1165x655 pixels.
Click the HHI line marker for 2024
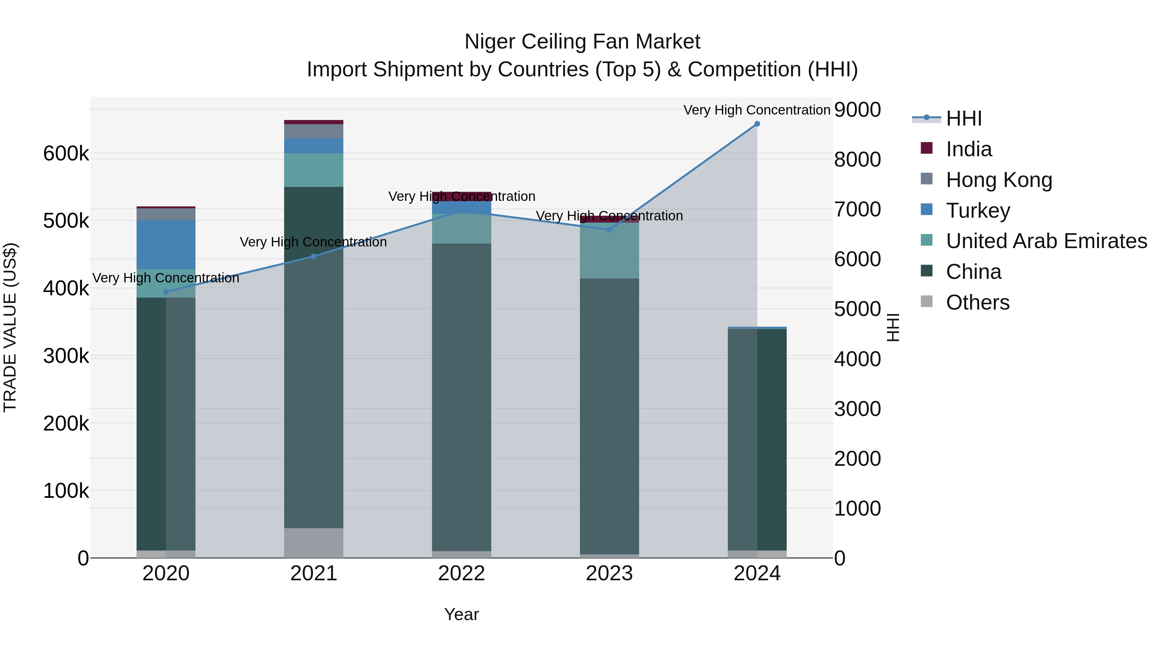coord(757,124)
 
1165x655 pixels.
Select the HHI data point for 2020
coord(166,292)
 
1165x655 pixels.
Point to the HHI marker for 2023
coord(609,230)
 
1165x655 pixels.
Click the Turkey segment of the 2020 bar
coord(166,245)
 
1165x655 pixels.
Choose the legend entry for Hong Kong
coord(999,180)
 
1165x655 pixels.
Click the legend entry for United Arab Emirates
coord(1046,241)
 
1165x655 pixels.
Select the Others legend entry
coord(977,302)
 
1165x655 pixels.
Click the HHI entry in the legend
coord(963,118)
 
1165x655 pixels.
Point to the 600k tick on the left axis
coord(66,154)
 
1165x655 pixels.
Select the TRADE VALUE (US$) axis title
coord(10,327)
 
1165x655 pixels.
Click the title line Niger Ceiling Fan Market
coord(582,42)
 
